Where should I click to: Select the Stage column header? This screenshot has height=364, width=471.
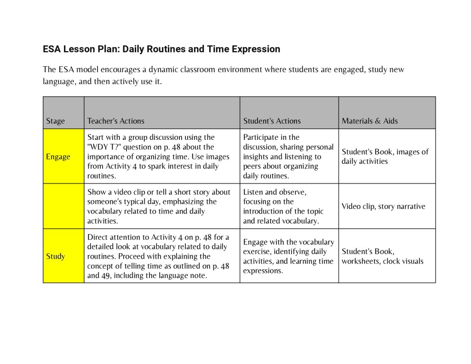pyautogui.click(x=55, y=121)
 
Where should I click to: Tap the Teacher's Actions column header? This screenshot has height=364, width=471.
pyautogui.click(x=116, y=121)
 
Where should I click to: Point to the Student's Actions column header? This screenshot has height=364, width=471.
pyautogui.click(x=272, y=121)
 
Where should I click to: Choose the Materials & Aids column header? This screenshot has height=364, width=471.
pyautogui.click(x=370, y=121)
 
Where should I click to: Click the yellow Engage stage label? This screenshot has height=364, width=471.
pyautogui.click(x=58, y=156)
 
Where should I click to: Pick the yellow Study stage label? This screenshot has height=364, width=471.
pyautogui.click(x=55, y=256)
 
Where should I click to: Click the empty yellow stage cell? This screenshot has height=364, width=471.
pyautogui.click(x=63, y=206)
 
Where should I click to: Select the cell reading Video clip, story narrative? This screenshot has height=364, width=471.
pyautogui.click(x=383, y=206)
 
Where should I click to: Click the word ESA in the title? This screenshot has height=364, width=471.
pyautogui.click(x=52, y=49)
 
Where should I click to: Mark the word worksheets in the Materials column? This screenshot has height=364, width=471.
pyautogui.click(x=361, y=261)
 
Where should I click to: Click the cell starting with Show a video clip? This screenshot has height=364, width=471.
pyautogui.click(x=159, y=206)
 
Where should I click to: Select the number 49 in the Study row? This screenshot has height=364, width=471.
pyautogui.click(x=105, y=276)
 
